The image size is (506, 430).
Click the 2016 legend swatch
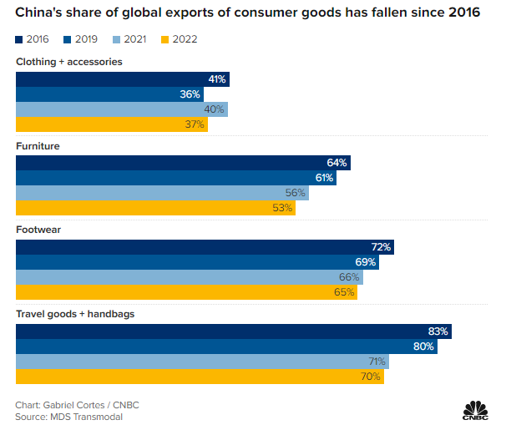coord(20,39)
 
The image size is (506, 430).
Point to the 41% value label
coord(217,79)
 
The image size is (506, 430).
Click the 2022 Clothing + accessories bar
coord(112,124)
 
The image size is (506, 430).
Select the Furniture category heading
coord(38,146)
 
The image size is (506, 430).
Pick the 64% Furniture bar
coord(183,163)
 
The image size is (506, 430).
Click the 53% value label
coord(282,208)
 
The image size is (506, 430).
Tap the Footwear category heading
coord(38,230)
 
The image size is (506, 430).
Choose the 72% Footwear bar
coord(205,247)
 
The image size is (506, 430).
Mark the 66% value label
coord(349,277)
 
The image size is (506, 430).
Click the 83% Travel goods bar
coord(234,331)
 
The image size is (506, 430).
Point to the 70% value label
coord(372,377)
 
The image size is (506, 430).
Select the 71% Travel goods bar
coord(202,362)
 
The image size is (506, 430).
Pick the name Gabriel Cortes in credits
coord(78,405)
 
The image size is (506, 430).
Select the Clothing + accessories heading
coord(69,62)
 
